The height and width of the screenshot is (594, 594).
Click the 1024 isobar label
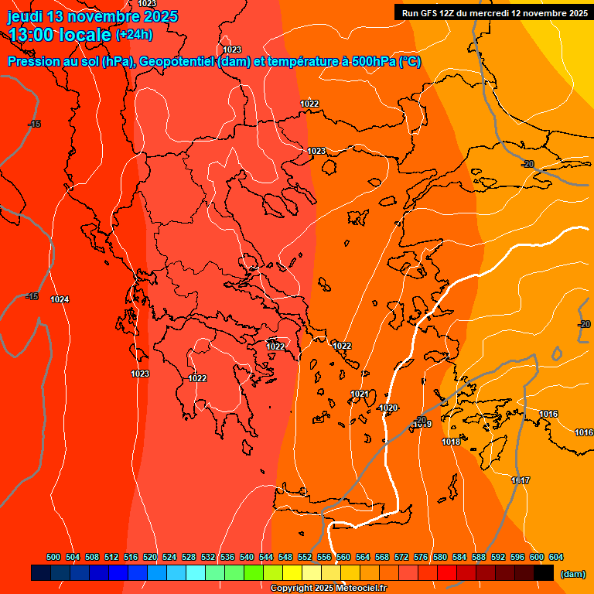coord(60,299)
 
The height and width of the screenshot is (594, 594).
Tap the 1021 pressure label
coord(360,394)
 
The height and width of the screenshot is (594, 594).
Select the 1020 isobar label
coord(388,408)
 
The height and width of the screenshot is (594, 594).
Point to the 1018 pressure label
coord(451,442)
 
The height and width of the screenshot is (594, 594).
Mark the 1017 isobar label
coord(521,481)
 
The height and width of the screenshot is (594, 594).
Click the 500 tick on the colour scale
coord(53,557)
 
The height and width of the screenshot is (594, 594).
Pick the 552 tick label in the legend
coord(305,557)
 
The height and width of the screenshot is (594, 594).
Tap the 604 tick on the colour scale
coord(556,557)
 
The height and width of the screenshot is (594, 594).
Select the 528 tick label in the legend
coord(189,557)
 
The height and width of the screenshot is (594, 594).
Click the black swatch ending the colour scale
coord(544,572)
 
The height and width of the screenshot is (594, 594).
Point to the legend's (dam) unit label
coord(573,574)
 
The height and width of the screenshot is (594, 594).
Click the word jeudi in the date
coord(26,16)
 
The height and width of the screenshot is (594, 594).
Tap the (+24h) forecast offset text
coord(134,34)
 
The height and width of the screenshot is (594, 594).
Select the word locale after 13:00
coord(84,34)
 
